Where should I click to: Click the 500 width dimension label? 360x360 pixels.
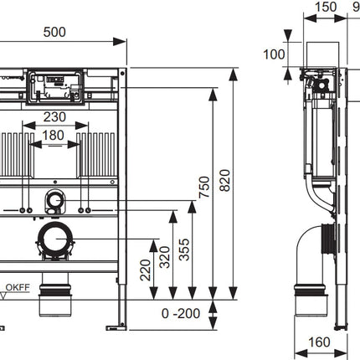tap(54, 32)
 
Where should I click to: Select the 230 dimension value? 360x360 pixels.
tap(54, 117)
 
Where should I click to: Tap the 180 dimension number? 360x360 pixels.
tap(53, 136)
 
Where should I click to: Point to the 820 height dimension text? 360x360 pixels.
tap(224, 180)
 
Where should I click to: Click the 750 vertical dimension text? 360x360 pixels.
tap(204, 187)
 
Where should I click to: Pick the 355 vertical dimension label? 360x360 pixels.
tap(184, 249)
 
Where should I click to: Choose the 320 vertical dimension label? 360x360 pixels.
tap(165, 257)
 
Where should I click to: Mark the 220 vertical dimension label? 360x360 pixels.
tap(146, 270)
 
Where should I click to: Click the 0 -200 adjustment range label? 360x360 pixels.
tap(181, 314)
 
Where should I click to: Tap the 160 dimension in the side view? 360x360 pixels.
tap(320, 342)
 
